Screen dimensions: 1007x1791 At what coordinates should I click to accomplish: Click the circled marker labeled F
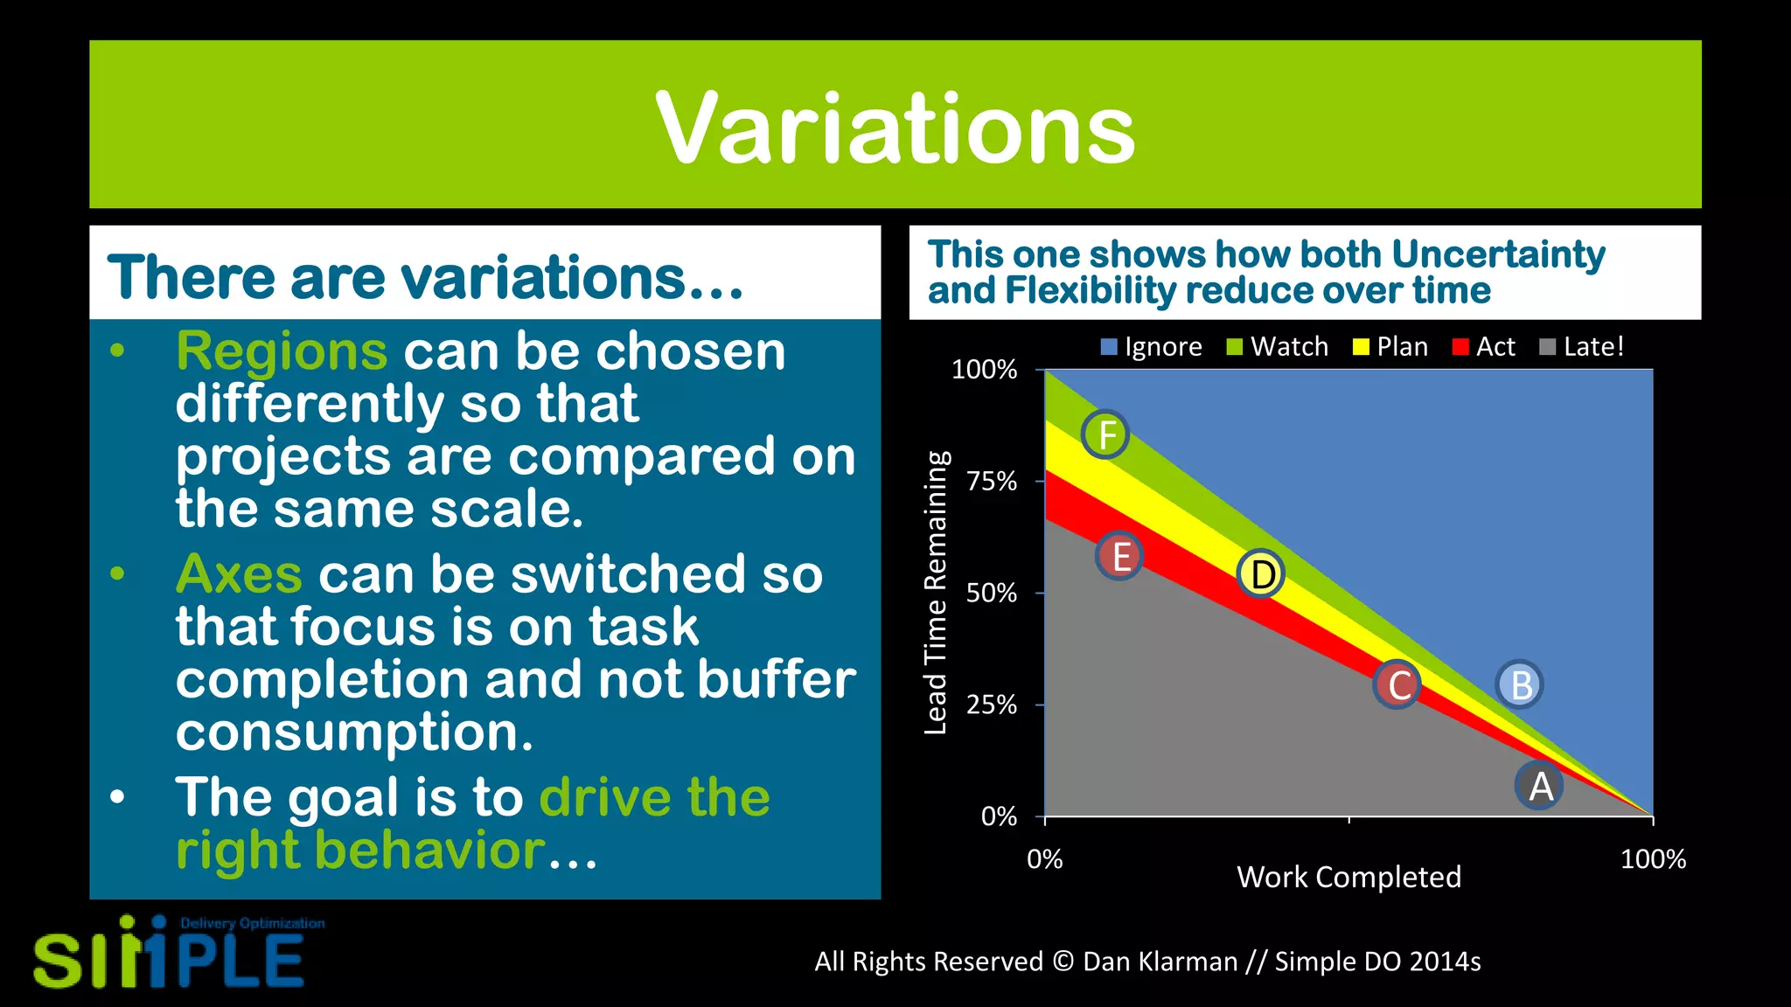pyautogui.click(x=1106, y=434)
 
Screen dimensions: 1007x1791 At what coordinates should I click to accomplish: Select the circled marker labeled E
pyautogui.click(x=1120, y=556)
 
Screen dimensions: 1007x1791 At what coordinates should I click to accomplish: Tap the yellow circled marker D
pyautogui.click(x=1261, y=574)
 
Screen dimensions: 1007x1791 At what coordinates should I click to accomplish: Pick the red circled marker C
pyautogui.click(x=1397, y=684)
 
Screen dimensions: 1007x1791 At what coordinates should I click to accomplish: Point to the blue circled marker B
pyautogui.click(x=1520, y=684)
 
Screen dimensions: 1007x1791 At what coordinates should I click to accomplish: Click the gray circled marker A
pyautogui.click(x=1539, y=785)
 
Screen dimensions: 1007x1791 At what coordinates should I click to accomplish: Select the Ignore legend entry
pyautogui.click(x=1152, y=347)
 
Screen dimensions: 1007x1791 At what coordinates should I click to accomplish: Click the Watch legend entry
pyautogui.click(x=1278, y=347)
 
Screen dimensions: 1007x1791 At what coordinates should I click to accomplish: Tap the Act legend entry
pyautogui.click(x=1484, y=347)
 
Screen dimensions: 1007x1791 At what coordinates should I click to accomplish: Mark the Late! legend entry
pyautogui.click(x=1582, y=347)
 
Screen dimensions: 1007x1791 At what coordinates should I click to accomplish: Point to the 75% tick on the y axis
pyautogui.click(x=992, y=482)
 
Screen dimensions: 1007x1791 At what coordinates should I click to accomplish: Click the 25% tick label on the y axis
pyautogui.click(x=992, y=705)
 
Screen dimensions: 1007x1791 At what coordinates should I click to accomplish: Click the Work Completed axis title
pyautogui.click(x=1348, y=877)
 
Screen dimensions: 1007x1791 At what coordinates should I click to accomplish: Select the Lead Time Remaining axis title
pyautogui.click(x=936, y=593)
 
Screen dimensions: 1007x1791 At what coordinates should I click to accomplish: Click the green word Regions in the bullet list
pyautogui.click(x=281, y=351)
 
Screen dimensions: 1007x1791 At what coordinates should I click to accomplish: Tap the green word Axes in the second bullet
pyautogui.click(x=239, y=574)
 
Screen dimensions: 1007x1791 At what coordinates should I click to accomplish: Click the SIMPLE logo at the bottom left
pyautogui.click(x=171, y=956)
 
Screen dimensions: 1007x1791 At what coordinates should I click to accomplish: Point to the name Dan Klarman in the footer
pyautogui.click(x=1160, y=962)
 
